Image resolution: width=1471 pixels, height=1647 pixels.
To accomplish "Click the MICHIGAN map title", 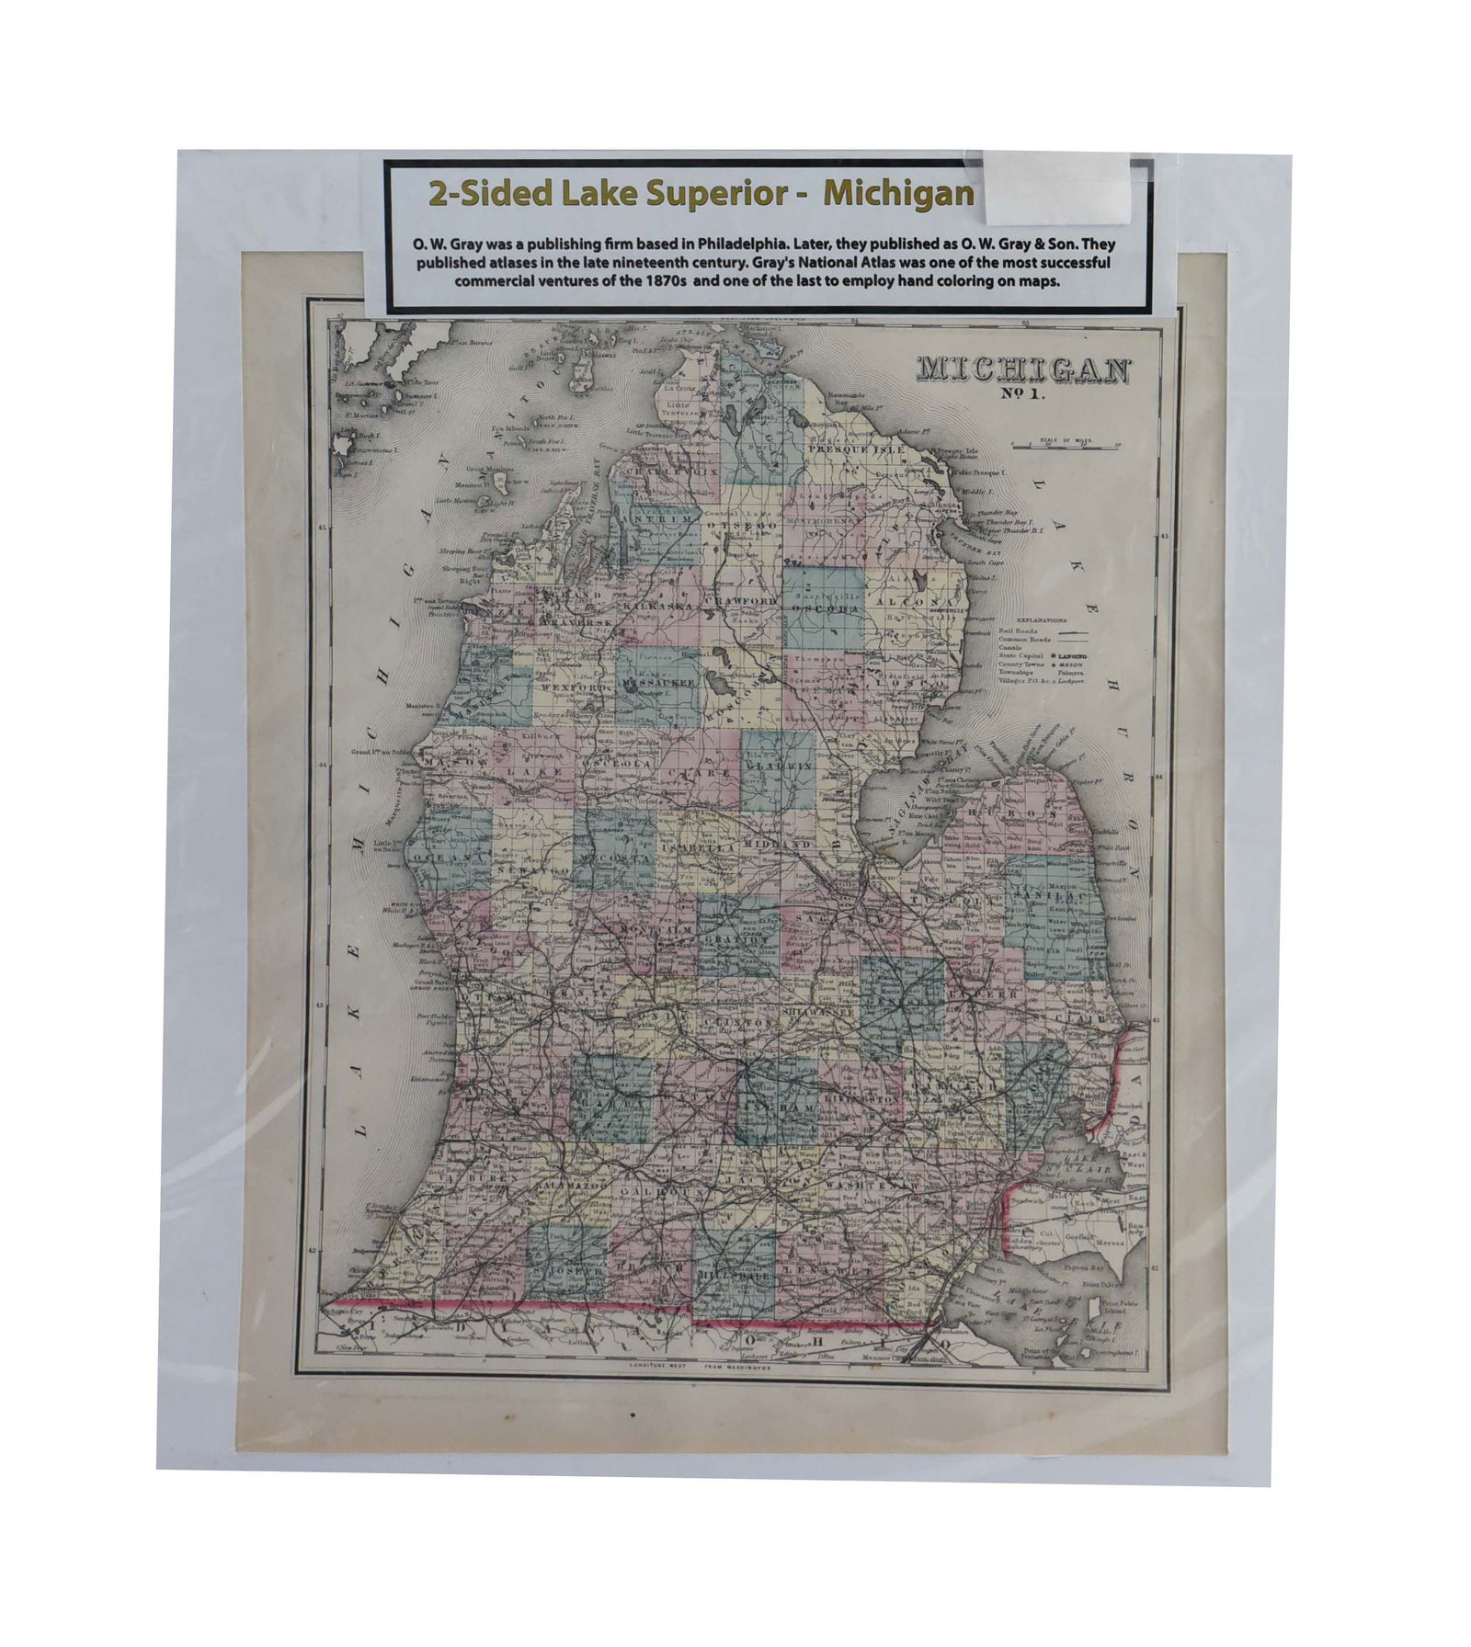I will point(1020,370).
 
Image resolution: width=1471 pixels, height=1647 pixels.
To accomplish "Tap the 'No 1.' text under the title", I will point(1020,398).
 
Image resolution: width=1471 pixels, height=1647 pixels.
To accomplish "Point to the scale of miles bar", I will point(1066,445).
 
